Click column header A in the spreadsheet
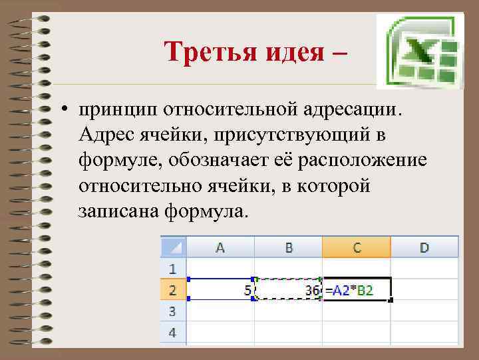click(220, 247)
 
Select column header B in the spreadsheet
click(289, 247)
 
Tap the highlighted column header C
click(357, 247)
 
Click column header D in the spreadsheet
click(424, 247)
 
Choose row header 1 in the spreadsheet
click(173, 269)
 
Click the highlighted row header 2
click(173, 290)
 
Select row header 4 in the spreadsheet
click(173, 331)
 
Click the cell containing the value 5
click(222, 290)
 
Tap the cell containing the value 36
click(289, 290)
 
